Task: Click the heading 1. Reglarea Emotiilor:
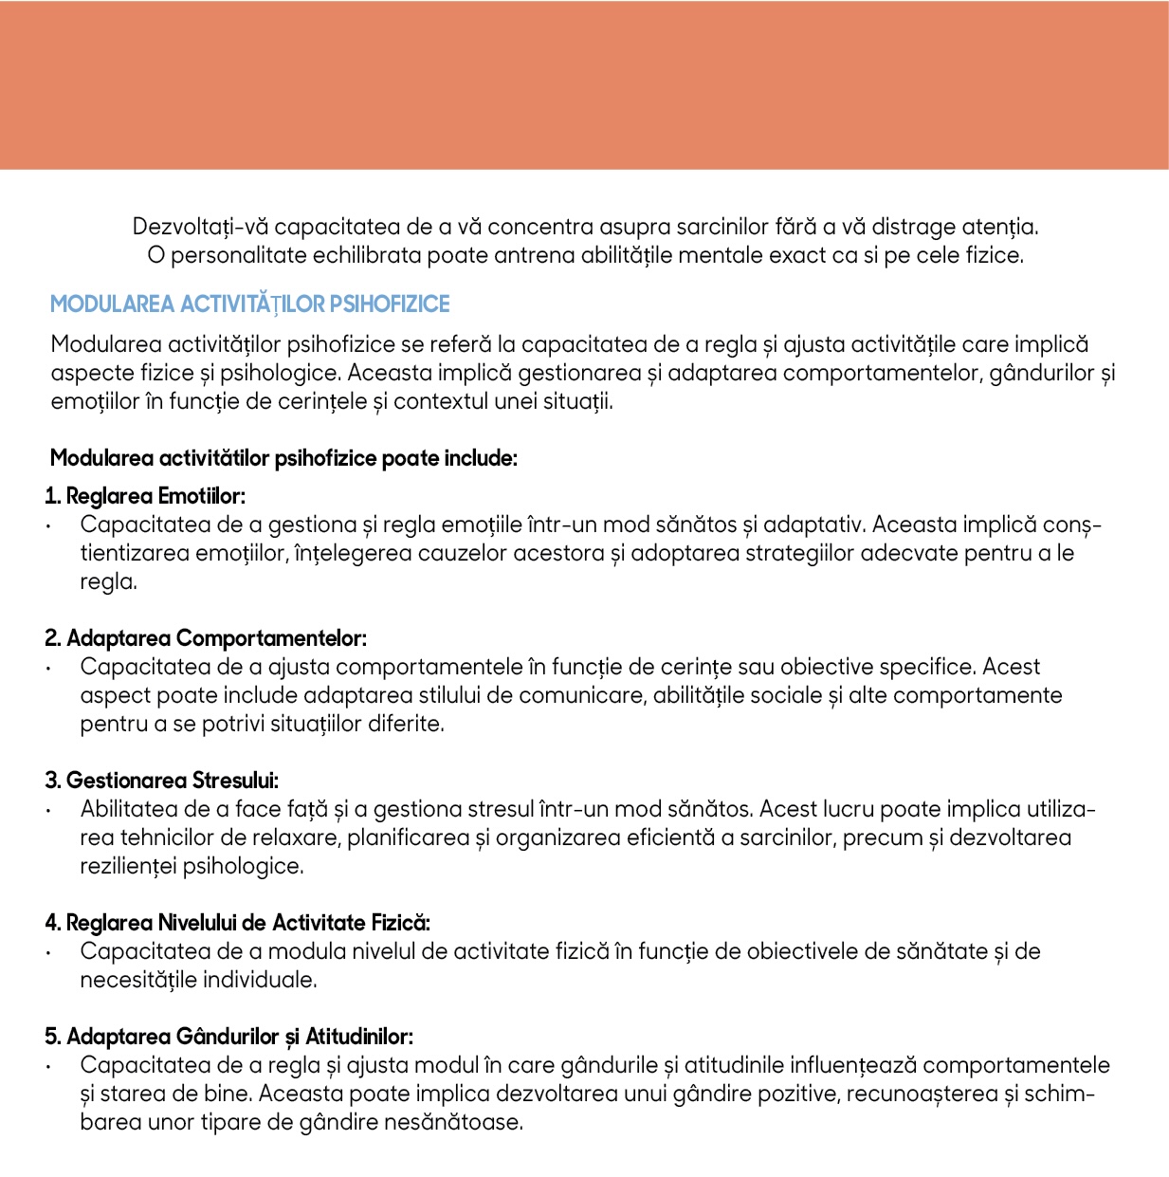pos(145,496)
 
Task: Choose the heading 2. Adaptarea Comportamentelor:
pos(206,638)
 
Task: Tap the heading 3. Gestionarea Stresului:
pos(162,781)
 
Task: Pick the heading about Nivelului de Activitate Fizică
pos(238,923)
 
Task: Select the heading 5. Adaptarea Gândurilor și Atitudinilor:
pos(229,1037)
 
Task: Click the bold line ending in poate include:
pos(283,459)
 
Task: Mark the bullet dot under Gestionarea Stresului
pos(47,811)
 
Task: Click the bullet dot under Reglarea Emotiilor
pos(47,526)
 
